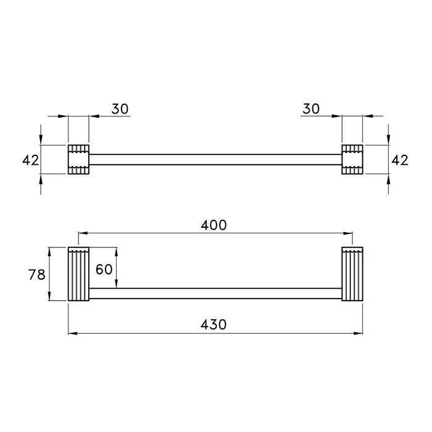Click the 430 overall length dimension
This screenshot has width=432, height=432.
(x=214, y=325)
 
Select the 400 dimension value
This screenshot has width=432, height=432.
(x=214, y=225)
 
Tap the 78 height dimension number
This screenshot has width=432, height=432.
(x=36, y=275)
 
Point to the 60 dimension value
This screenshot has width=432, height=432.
(x=104, y=269)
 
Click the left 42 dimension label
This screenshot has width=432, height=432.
(x=31, y=160)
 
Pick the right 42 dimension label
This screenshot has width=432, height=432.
(x=400, y=160)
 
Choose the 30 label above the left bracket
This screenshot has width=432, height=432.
(x=120, y=109)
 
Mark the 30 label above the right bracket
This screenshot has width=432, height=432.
(x=311, y=109)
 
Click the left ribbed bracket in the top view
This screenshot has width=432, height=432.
(x=78, y=159)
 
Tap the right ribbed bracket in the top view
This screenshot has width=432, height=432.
(x=352, y=159)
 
